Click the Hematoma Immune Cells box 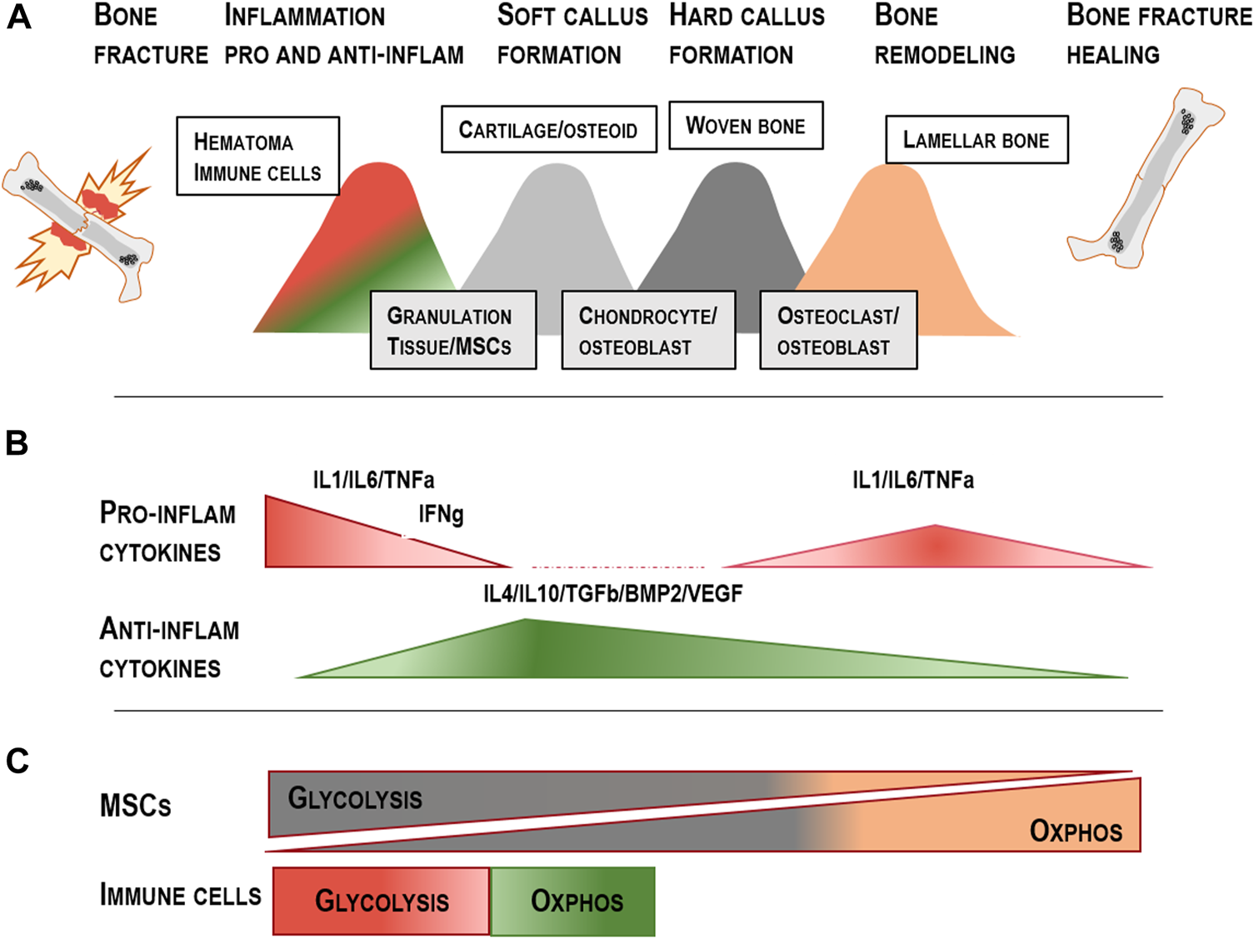tap(257, 156)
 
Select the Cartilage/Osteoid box tap(548, 129)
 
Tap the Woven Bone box tap(746, 126)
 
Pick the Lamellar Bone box tap(976, 140)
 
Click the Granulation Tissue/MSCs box tap(452, 330)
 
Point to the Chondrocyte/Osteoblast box tap(648, 330)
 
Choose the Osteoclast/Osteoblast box tap(838, 330)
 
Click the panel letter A tap(18, 17)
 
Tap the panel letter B tap(17, 443)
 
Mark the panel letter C tap(17, 761)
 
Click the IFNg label tap(441, 514)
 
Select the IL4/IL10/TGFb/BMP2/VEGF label tap(612, 594)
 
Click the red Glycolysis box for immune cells tap(382, 901)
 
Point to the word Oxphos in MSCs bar tap(1075, 831)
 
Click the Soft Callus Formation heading tap(572, 35)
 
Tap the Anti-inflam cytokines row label tap(169, 648)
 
